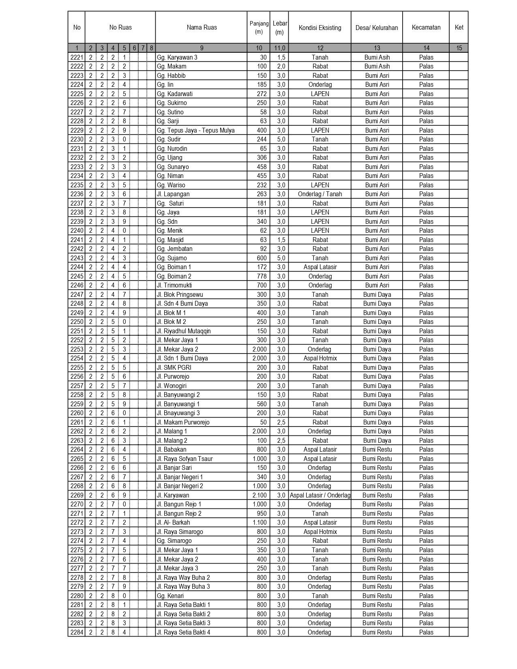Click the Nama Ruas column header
pyautogui.click(x=202, y=28)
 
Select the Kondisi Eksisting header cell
pyautogui.click(x=320, y=28)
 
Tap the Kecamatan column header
pyautogui.click(x=426, y=28)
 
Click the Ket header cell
pyautogui.click(x=459, y=28)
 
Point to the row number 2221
pyautogui.click(x=77, y=58)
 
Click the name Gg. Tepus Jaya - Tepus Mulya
pyautogui.click(x=195, y=131)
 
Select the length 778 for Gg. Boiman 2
pyautogui.click(x=262, y=277)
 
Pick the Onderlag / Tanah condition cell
pyautogui.click(x=320, y=194)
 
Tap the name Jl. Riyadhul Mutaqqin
pyautogui.click(x=184, y=331)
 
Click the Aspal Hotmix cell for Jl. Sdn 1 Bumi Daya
pyautogui.click(x=320, y=358)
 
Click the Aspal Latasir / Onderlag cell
pyautogui.click(x=320, y=495)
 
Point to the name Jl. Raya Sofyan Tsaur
pyautogui.click(x=184, y=459)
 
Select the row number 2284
pyautogui.click(x=77, y=633)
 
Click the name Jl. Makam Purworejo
pyautogui.click(x=183, y=422)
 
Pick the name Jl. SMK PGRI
pyautogui.click(x=174, y=368)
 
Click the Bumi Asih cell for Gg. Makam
pyautogui.click(x=377, y=66)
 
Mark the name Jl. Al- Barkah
pyautogui.click(x=173, y=523)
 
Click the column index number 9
pyautogui.click(x=202, y=48)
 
